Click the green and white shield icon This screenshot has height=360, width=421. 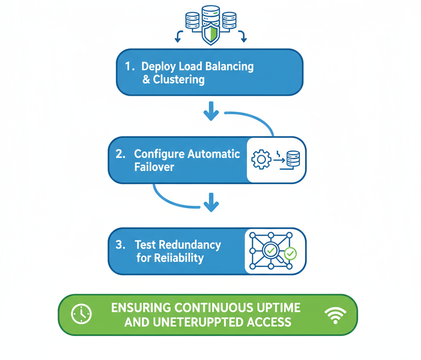(210, 34)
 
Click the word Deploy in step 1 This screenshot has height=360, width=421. (158, 67)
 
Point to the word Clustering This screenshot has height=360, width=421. (179, 79)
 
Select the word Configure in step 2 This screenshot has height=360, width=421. (159, 154)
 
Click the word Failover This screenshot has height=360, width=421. (154, 167)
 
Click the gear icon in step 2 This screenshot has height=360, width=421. (261, 159)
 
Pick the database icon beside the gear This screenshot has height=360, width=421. (293, 159)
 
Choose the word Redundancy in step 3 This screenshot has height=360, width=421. (190, 245)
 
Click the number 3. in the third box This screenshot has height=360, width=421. (120, 245)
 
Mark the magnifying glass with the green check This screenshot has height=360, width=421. (271, 250)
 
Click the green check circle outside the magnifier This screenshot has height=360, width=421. (290, 254)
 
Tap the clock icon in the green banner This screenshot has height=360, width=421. (81, 314)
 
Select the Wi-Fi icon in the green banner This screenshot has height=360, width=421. (335, 315)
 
